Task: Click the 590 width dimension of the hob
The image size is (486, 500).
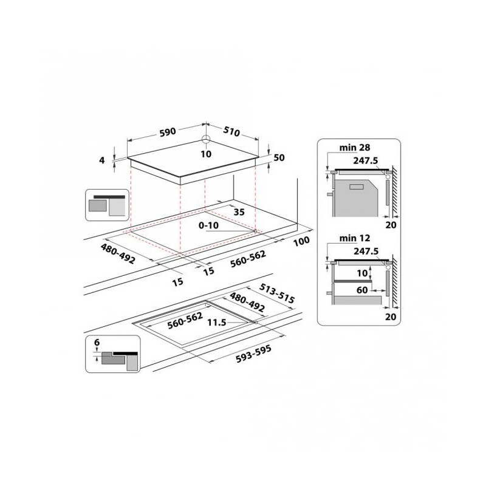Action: [168, 131]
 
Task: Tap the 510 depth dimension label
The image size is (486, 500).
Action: [231, 131]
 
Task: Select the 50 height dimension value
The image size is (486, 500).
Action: [279, 157]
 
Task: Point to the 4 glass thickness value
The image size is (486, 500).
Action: [102, 160]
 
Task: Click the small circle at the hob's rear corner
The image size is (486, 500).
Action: [206, 139]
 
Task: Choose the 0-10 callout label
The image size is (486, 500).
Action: [208, 225]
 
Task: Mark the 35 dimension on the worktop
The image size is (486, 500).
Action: [239, 212]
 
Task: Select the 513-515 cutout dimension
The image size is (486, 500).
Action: [277, 293]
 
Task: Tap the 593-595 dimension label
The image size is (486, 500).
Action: [253, 354]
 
